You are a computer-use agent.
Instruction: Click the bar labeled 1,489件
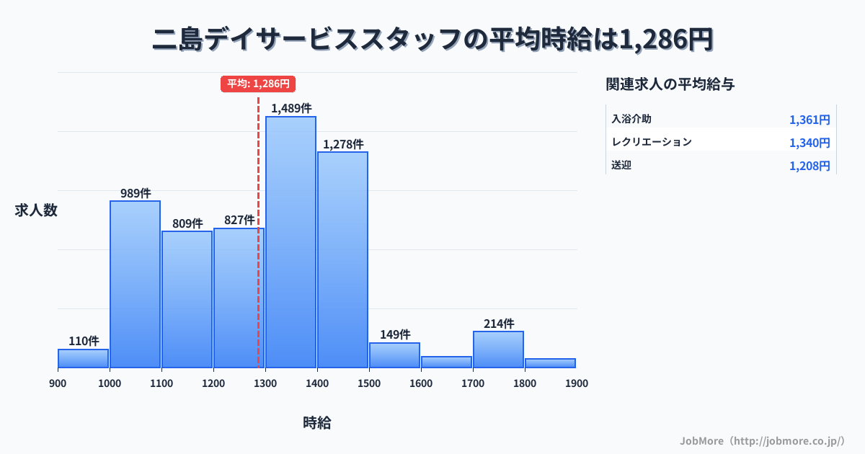(x=290, y=242)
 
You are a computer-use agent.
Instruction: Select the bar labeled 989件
(x=135, y=284)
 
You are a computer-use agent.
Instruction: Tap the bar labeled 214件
(x=498, y=350)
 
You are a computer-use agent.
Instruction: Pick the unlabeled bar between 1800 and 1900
(x=550, y=363)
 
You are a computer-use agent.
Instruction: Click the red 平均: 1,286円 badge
(x=258, y=84)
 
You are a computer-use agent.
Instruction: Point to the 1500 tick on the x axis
(x=369, y=383)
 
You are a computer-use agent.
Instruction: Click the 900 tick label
(x=58, y=383)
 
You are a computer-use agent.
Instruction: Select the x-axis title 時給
(x=317, y=423)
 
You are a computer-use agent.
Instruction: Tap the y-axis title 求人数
(x=36, y=210)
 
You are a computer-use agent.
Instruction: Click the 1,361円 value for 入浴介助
(x=809, y=120)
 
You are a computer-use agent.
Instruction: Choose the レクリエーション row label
(x=652, y=142)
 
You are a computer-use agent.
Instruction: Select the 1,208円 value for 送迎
(x=809, y=166)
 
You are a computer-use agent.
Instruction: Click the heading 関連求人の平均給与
(x=670, y=84)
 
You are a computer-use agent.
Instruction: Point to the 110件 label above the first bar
(x=84, y=341)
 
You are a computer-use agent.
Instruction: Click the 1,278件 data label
(x=343, y=144)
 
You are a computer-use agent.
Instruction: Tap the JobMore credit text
(x=762, y=440)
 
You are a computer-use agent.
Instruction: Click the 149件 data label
(x=395, y=334)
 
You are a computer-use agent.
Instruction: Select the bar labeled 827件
(x=239, y=298)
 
